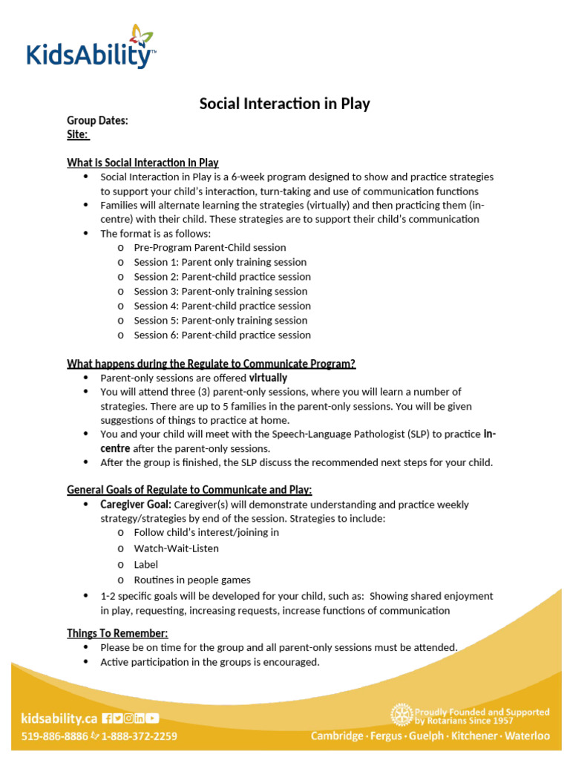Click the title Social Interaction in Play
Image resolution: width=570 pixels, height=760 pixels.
(x=284, y=104)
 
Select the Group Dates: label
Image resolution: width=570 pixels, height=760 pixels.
(x=97, y=121)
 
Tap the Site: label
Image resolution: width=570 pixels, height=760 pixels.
(x=78, y=134)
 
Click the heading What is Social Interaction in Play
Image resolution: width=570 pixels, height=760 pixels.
(x=142, y=163)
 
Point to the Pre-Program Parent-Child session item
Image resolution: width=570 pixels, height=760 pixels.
(x=209, y=248)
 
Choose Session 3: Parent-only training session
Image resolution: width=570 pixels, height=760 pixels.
(x=220, y=292)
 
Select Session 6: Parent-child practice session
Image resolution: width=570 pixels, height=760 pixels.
(x=222, y=335)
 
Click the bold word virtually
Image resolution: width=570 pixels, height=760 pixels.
(x=268, y=378)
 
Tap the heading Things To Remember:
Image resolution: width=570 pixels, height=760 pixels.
(x=117, y=633)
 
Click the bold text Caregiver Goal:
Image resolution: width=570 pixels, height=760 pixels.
(x=136, y=505)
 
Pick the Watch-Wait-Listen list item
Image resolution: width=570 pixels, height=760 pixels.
(x=176, y=548)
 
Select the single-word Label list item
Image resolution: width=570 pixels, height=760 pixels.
(x=146, y=564)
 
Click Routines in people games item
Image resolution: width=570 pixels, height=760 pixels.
(x=192, y=580)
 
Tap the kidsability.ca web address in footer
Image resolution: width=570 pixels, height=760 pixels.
(x=59, y=718)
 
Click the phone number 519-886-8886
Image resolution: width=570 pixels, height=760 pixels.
(x=54, y=736)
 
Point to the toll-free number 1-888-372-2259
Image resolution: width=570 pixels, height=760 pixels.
(x=139, y=736)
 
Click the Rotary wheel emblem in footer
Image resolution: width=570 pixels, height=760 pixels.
(x=401, y=715)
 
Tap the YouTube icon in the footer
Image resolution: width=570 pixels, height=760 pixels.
(x=152, y=718)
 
